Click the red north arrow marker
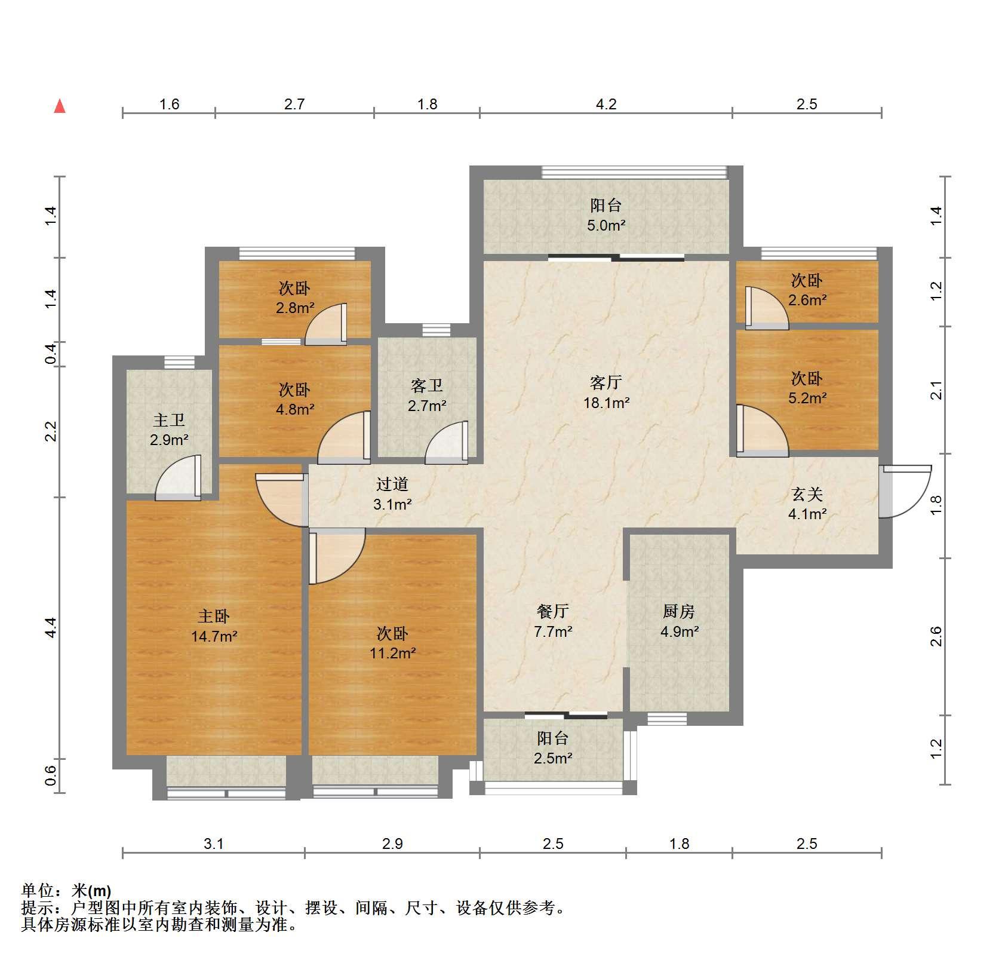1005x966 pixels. click(60, 106)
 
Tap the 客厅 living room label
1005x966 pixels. click(606, 382)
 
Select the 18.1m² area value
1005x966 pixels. click(606, 403)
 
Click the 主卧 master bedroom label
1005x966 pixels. click(214, 616)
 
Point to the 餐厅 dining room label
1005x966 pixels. click(553, 611)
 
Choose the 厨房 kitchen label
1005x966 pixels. click(679, 611)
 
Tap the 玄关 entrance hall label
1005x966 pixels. click(807, 494)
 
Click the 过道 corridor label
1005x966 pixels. click(392, 484)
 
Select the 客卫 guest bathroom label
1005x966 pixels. click(427, 386)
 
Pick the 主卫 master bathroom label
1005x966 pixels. click(169, 420)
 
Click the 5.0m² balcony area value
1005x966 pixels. click(606, 225)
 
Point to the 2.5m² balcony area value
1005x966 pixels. click(553, 758)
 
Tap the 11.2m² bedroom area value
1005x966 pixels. click(392, 653)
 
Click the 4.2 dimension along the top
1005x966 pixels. click(606, 105)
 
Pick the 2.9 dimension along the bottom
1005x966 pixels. click(392, 844)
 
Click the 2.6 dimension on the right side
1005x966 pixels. click(936, 636)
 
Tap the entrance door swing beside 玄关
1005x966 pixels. click(905, 491)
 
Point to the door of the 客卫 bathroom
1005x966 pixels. click(446, 443)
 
